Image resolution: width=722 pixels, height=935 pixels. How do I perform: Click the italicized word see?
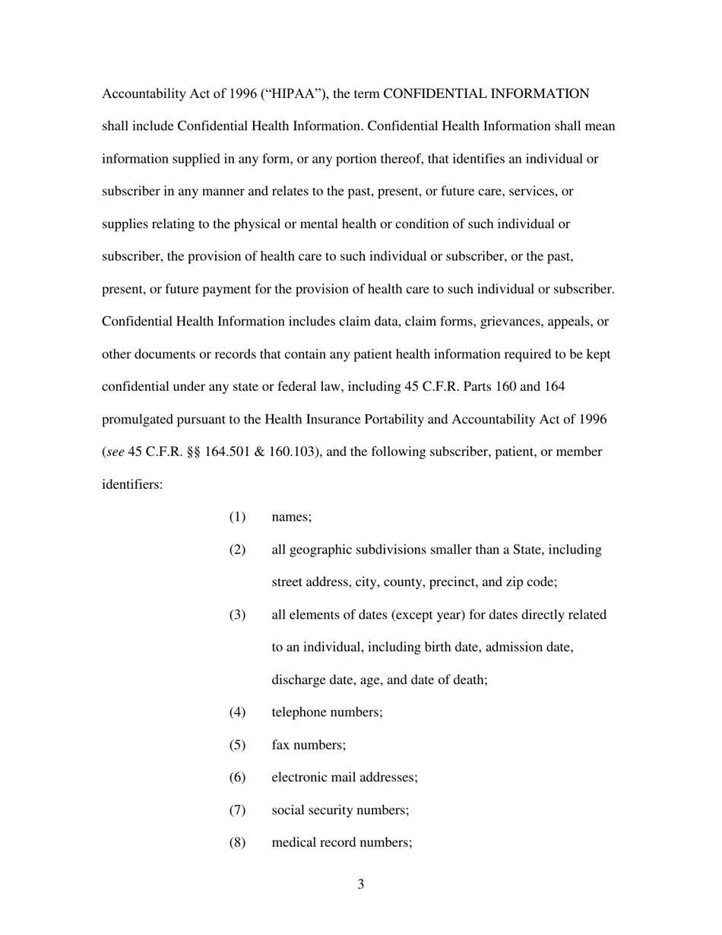(x=115, y=452)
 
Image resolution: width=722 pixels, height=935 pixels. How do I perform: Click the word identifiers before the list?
(x=131, y=484)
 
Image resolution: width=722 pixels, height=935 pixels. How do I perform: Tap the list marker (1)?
(x=238, y=517)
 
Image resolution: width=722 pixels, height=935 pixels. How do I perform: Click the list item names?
(x=291, y=517)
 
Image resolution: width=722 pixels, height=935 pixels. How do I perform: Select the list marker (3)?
(x=238, y=614)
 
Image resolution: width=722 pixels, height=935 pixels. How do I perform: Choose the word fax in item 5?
(x=281, y=745)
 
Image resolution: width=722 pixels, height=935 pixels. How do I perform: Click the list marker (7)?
(x=238, y=810)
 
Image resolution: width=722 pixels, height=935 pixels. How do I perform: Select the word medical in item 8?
(x=293, y=843)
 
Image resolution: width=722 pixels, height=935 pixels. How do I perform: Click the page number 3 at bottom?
(x=361, y=884)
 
